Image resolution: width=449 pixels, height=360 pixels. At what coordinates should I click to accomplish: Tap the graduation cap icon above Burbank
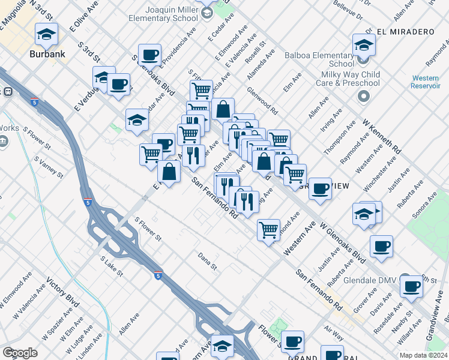coord(46,35)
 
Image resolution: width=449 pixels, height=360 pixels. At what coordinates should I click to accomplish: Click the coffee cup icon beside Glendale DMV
coord(412,287)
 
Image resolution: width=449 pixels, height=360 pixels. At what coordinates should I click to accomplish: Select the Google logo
coord(20,353)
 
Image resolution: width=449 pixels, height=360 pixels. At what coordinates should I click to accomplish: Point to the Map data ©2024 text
coord(422,355)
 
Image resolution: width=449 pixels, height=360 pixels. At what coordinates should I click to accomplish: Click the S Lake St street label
coord(112,265)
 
